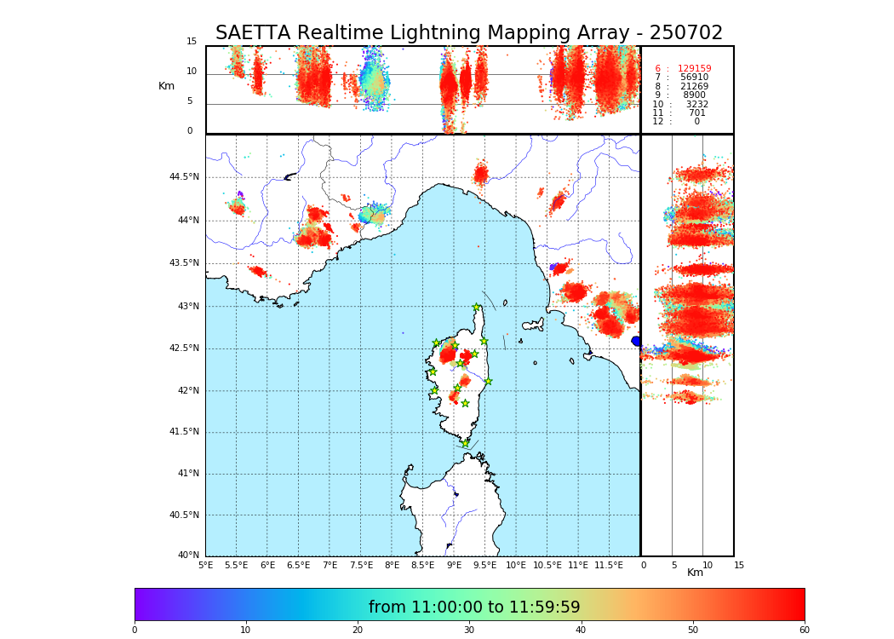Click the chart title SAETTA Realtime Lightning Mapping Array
click(468, 33)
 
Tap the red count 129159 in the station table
click(694, 69)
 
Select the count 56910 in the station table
click(694, 78)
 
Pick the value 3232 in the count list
click(696, 104)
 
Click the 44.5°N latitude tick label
click(184, 177)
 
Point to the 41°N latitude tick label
click(187, 474)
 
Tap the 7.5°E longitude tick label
click(362, 565)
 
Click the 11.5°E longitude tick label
click(609, 565)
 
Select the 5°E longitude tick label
click(206, 565)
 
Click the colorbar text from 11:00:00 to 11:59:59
click(474, 607)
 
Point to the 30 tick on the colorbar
click(469, 630)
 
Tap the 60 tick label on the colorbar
click(804, 630)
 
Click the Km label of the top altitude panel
click(166, 86)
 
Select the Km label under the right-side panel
click(696, 573)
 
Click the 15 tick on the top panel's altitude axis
click(192, 42)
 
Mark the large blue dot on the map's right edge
click(636, 341)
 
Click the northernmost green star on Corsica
click(477, 307)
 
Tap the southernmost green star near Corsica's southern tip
click(465, 443)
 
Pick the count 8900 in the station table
click(694, 95)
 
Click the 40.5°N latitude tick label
click(184, 515)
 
